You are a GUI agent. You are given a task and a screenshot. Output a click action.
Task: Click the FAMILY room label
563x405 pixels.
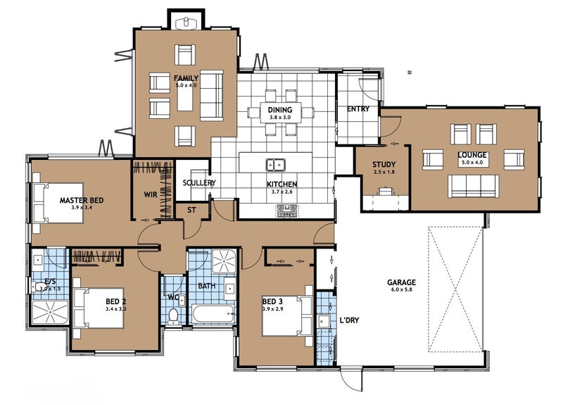[186, 78]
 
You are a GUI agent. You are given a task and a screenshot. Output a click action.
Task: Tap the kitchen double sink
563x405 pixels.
[276, 165]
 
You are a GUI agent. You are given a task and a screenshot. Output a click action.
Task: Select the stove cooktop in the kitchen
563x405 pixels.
[287, 211]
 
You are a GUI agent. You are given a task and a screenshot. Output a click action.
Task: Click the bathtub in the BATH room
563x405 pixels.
[213, 314]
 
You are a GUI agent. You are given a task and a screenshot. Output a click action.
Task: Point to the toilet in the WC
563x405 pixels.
[174, 316]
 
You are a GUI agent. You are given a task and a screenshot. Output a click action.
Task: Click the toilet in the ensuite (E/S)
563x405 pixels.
[38, 287]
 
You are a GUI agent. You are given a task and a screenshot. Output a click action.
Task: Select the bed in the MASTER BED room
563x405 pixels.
[58, 203]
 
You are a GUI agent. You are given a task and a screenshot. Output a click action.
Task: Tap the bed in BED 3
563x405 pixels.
[287, 316]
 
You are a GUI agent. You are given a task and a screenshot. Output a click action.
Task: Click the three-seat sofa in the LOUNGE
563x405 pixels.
[473, 186]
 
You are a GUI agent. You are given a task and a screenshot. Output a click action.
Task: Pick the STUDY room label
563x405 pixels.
[384, 165]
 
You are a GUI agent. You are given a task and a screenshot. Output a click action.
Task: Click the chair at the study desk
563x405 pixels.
[385, 191]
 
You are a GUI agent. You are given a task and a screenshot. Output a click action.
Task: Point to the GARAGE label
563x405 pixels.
[401, 282]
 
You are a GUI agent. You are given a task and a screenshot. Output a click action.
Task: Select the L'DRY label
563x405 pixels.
[349, 320]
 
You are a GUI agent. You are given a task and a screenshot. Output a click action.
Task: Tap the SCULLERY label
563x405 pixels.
[199, 182]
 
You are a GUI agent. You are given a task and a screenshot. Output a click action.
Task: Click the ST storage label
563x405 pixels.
[191, 210]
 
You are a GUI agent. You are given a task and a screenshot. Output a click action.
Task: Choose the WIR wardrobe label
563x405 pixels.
[151, 194]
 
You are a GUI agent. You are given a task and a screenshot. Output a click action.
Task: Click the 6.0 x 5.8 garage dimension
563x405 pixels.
[401, 289]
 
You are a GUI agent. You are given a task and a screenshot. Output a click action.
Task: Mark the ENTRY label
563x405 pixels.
[358, 108]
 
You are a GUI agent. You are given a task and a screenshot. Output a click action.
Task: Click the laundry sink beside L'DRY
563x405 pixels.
[324, 321]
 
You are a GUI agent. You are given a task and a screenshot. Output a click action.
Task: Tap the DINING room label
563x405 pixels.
[280, 110]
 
